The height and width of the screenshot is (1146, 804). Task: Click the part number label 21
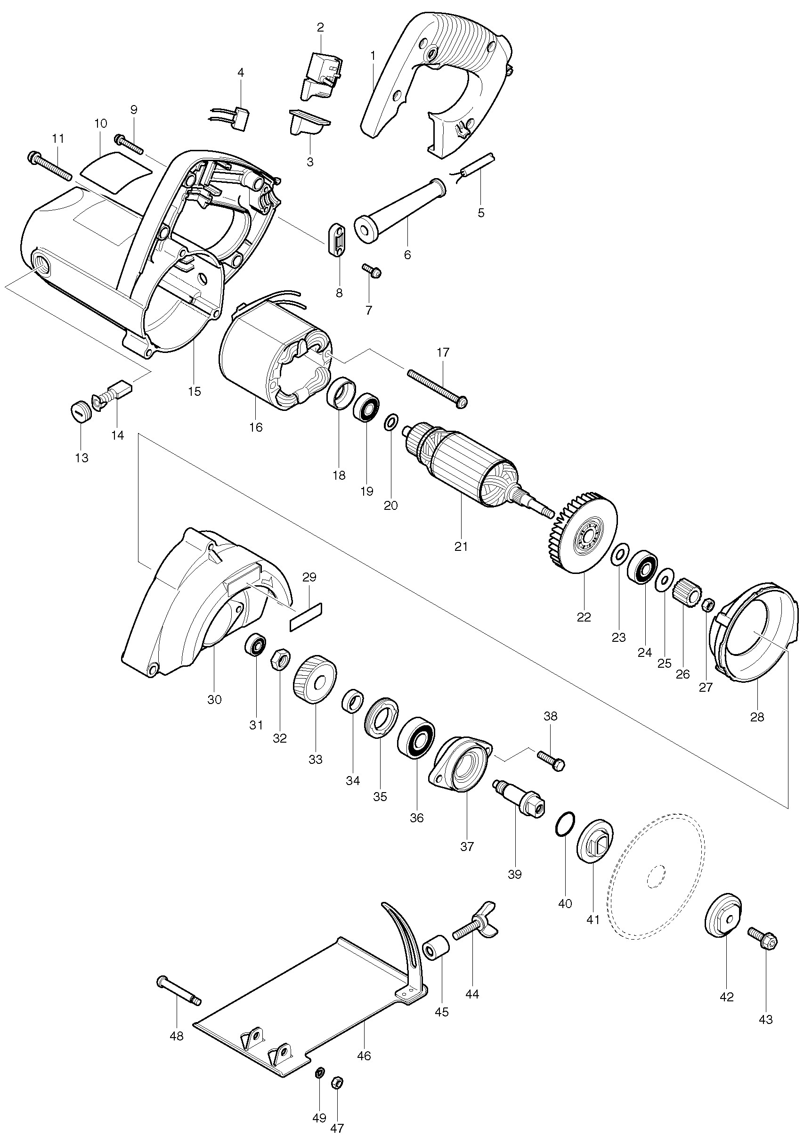point(461,547)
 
